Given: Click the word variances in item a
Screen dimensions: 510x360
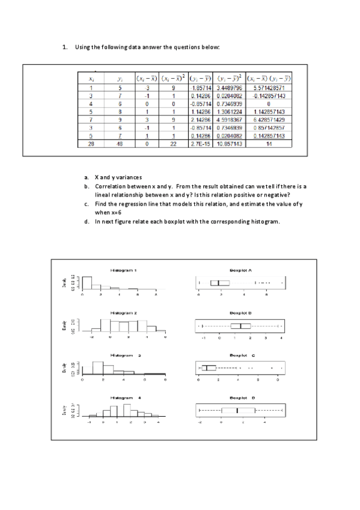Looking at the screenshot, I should click(x=127, y=177).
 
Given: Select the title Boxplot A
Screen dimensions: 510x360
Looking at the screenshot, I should click(x=239, y=270).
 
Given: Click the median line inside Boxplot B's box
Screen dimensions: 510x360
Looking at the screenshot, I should click(x=240, y=326).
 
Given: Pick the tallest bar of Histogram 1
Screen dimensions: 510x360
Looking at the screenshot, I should click(x=87, y=283).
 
